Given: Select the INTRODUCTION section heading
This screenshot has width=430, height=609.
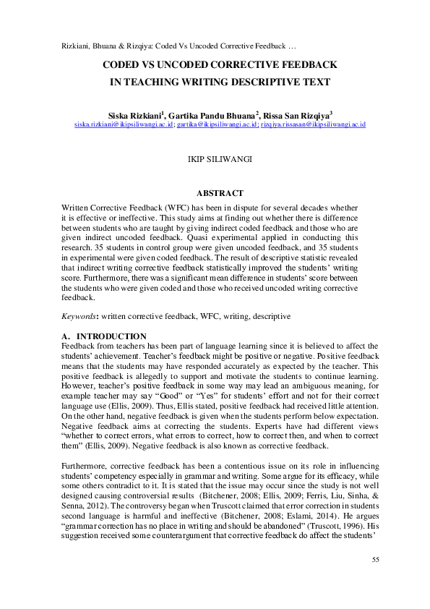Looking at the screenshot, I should (x=111, y=336).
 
